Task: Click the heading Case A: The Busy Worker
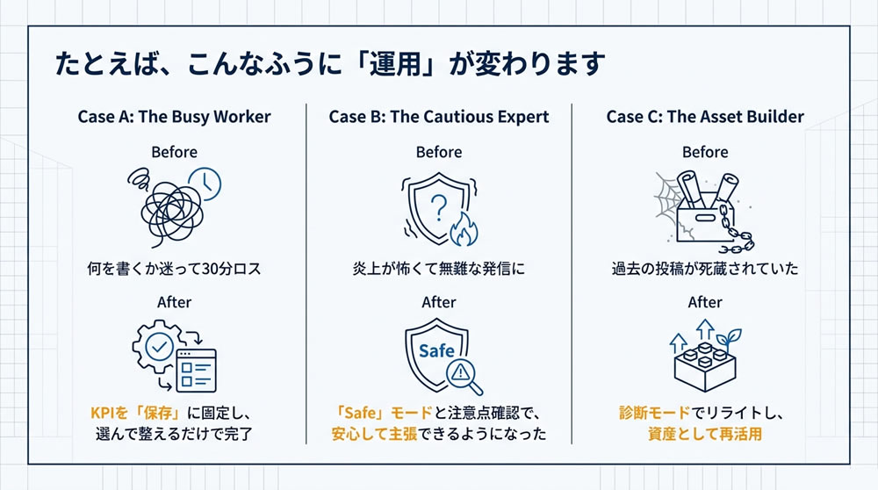pos(174,117)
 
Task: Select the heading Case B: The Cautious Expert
pos(438,117)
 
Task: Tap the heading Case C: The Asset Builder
pos(705,117)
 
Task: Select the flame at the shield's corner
pos(463,232)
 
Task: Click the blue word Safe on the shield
pos(436,351)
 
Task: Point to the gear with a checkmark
pos(161,346)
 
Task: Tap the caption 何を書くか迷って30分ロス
pos(174,269)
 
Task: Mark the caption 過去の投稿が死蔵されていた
pos(705,269)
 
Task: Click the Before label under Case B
pos(439,153)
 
